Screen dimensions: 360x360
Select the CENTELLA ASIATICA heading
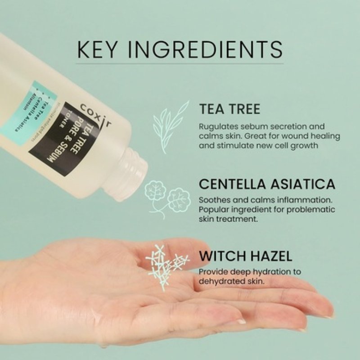267,184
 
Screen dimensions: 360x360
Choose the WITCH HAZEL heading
245,256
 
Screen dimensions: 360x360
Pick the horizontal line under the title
180,63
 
